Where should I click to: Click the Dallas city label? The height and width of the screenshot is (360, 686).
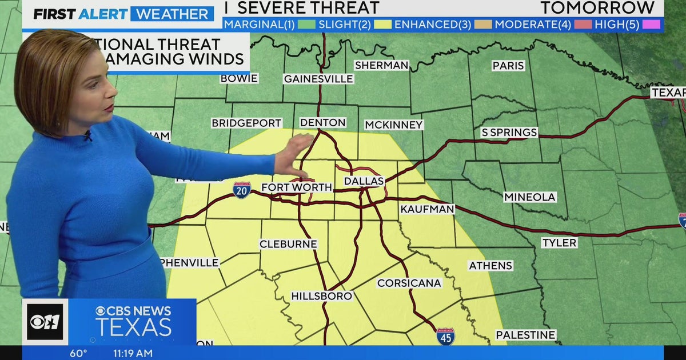click(x=364, y=181)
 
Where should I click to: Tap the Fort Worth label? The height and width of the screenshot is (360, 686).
click(x=296, y=187)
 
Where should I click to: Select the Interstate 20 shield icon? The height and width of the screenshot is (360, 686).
click(x=241, y=190)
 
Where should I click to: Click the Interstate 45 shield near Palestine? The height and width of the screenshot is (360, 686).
click(x=445, y=336)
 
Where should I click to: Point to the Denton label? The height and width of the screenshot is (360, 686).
click(x=323, y=123)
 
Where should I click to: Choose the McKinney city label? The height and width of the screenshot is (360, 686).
click(x=394, y=125)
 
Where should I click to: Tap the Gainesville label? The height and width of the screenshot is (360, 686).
click(x=318, y=79)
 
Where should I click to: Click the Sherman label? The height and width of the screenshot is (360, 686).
click(x=381, y=65)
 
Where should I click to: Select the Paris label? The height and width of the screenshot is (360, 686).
click(x=508, y=66)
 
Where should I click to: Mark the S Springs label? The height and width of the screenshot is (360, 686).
click(x=509, y=133)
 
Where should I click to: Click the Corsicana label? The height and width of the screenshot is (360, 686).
click(x=409, y=283)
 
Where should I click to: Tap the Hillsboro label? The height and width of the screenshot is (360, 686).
click(x=321, y=296)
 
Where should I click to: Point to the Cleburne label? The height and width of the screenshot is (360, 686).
click(x=288, y=244)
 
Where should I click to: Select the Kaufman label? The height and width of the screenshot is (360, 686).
click(x=427, y=210)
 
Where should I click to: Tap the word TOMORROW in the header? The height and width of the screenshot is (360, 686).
click(x=597, y=7)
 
